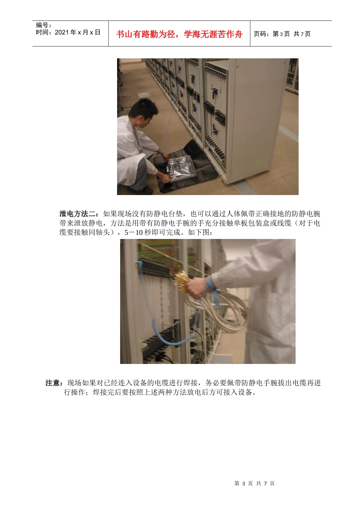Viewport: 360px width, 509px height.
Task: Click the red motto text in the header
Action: pos(179,34)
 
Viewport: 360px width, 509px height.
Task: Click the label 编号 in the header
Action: pos(43,25)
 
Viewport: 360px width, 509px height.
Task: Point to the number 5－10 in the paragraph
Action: pos(133,232)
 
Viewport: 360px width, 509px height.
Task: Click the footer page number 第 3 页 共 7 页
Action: pos(254,483)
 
